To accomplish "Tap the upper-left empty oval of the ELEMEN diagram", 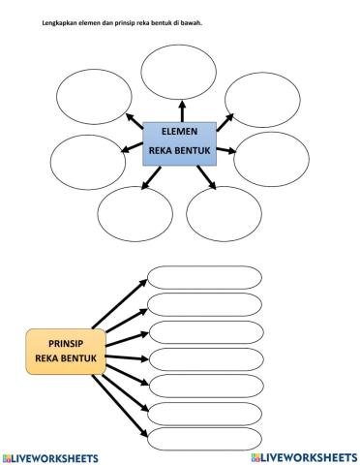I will (94, 98).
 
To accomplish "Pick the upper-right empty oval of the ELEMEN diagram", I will (262, 98).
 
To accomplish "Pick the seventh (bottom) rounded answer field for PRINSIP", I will (204, 438).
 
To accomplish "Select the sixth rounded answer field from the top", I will (204, 412).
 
